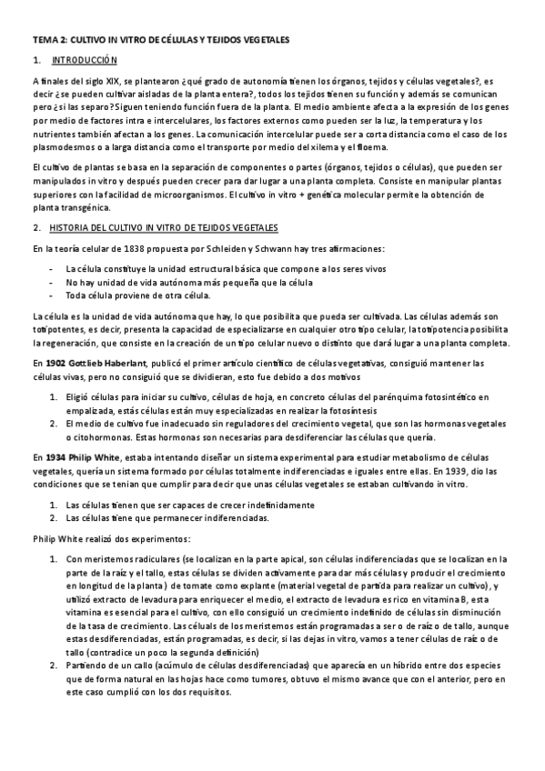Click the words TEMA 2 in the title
(47, 41)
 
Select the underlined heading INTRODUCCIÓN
(86, 61)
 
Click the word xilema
(331, 142)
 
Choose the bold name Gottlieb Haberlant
(107, 364)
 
